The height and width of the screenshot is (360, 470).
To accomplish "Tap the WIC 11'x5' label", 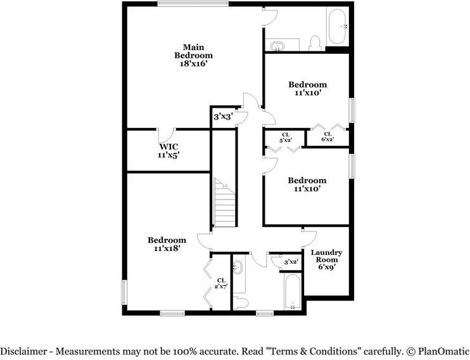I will tap(169, 150).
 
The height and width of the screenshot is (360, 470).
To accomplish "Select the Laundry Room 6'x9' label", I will tap(327, 259).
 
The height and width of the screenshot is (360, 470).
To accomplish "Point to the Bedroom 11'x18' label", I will tap(167, 244).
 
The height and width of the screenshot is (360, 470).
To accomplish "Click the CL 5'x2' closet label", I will tap(285, 137).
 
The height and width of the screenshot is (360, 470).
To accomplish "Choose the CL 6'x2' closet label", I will tap(328, 136).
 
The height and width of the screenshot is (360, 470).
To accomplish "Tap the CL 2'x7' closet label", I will tap(221, 283).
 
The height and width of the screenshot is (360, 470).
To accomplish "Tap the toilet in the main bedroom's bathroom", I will tap(315, 42).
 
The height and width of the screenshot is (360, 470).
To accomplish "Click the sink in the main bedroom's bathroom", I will tap(277, 46).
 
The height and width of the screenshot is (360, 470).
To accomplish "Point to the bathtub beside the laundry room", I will tap(293, 292).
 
